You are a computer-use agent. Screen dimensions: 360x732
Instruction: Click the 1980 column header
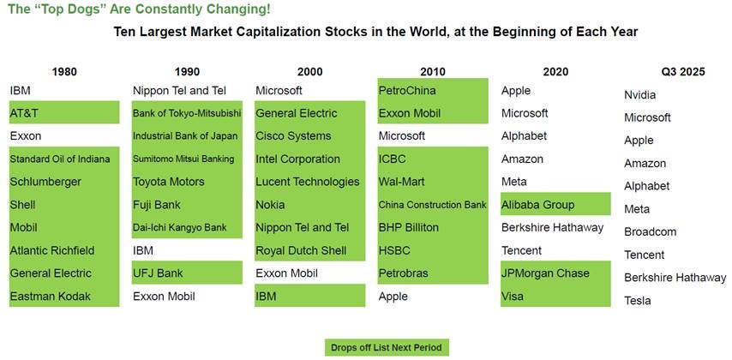64,72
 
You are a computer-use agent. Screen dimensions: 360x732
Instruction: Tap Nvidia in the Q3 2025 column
640,95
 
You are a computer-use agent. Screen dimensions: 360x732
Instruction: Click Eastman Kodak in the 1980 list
51,296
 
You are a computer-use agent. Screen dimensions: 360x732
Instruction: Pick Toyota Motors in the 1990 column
169,182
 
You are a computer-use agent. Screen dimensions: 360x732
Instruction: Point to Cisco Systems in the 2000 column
293,135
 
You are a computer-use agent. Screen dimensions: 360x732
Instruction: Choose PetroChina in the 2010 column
406,90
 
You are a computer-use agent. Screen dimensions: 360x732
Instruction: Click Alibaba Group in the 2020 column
538,205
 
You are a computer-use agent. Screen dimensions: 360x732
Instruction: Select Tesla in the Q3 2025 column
638,300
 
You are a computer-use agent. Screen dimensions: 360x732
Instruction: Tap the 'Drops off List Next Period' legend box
387,347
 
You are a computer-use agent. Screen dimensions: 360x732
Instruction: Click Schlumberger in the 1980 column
45,182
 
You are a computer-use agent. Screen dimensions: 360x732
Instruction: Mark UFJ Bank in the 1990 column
158,273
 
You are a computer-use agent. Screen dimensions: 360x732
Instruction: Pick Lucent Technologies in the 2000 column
308,182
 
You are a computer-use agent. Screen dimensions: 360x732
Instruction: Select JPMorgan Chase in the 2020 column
545,273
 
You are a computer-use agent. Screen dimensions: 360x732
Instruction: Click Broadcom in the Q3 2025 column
651,231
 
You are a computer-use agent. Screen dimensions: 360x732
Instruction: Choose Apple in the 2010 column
393,296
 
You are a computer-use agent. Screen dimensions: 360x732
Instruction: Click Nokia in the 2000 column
271,205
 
